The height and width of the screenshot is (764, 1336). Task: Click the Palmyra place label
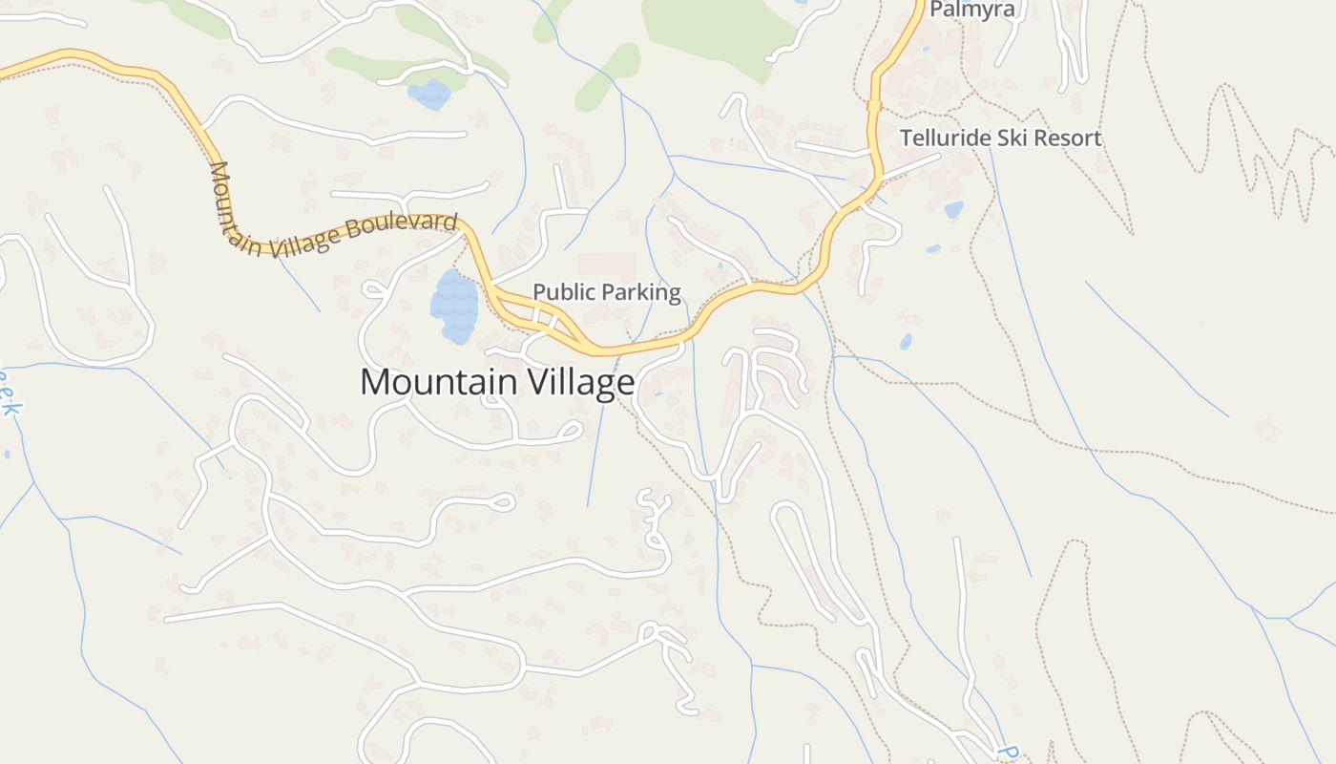coord(972,11)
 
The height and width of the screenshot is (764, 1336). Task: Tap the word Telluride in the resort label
coord(945,138)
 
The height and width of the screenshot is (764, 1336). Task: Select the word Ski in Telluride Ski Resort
coord(1013,138)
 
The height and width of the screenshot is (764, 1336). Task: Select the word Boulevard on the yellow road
coord(404,227)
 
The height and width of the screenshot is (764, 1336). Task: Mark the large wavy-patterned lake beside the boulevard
coord(453,306)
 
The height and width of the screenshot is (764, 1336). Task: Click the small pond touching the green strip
coord(428,95)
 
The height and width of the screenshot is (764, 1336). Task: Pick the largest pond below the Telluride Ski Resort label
coord(953,209)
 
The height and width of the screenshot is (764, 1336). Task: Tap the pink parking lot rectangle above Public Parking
coord(606,265)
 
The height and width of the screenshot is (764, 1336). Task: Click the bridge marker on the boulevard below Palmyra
coord(873,106)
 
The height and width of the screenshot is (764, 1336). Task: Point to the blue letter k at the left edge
coord(10,408)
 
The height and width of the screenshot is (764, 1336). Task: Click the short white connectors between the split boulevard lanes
coord(544,317)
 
